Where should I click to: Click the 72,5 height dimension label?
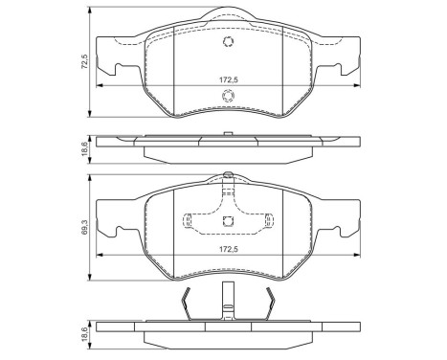[85, 61]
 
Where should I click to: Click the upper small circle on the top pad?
[229, 42]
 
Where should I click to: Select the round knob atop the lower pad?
[227, 174]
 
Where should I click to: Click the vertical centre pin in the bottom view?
[228, 304]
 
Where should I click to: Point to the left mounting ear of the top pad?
[113, 68]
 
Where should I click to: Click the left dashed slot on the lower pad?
[196, 222]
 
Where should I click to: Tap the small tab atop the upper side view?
[227, 133]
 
